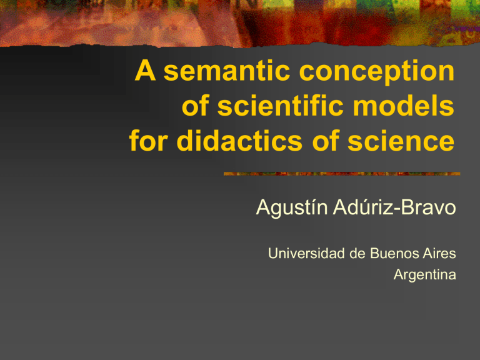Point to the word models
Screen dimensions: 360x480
point(404,109)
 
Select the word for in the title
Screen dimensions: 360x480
point(149,142)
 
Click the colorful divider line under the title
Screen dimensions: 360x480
point(341,173)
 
